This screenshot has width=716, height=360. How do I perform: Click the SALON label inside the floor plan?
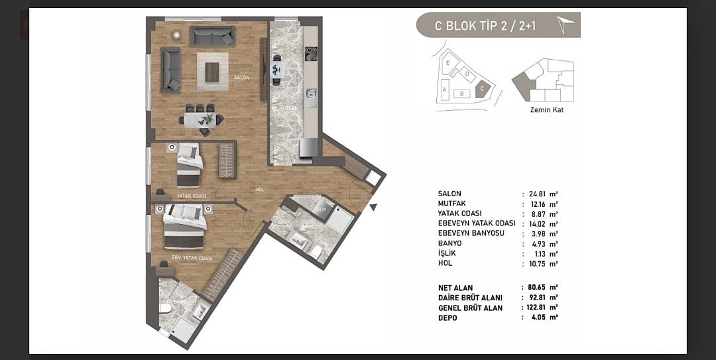(241, 78)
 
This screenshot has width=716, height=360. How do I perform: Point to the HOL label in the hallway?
(261, 190)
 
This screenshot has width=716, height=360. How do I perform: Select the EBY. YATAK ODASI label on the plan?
(192, 258)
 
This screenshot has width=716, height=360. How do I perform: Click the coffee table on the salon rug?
(212, 72)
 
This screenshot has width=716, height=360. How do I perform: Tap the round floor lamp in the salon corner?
(176, 34)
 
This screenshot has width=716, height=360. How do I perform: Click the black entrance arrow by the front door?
(373, 208)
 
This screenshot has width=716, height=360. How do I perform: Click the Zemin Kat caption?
(547, 110)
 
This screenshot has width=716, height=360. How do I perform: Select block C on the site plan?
(483, 87)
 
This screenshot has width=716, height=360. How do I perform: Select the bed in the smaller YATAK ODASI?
(188, 166)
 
